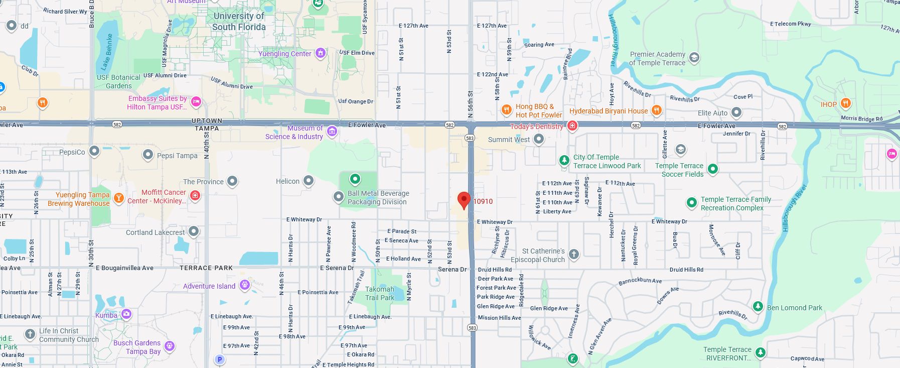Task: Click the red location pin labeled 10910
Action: [464, 200]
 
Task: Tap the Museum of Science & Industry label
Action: [294, 133]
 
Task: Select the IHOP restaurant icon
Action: [845, 104]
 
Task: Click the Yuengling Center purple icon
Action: [321, 53]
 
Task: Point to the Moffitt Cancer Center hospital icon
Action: [195, 196]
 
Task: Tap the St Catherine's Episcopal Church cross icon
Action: [574, 255]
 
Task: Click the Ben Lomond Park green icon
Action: [758, 306]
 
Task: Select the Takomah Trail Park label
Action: [379, 294]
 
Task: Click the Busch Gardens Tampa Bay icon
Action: [170, 346]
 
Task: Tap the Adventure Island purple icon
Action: [244, 285]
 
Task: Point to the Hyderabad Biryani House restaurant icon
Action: [656, 110]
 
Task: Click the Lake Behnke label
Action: [106, 52]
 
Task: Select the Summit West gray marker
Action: [538, 139]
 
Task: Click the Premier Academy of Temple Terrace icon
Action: [694, 57]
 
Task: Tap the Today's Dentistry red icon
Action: [572, 126]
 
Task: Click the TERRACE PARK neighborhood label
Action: [206, 268]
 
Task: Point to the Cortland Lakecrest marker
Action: [194, 231]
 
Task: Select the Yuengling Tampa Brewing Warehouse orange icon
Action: [118, 198]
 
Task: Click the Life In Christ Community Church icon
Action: [30, 334]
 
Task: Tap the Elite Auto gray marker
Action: [736, 112]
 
